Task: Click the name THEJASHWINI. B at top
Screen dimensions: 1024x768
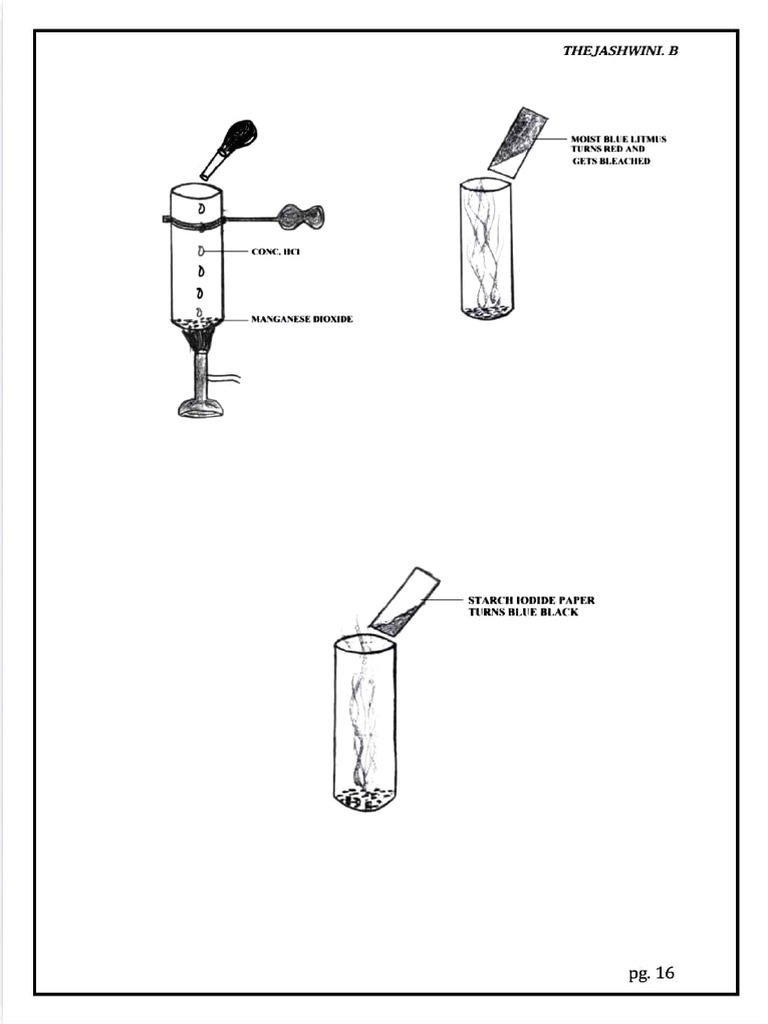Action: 620,51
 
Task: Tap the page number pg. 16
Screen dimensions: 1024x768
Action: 651,972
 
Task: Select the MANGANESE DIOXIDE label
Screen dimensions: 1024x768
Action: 301,320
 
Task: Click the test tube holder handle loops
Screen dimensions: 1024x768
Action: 301,215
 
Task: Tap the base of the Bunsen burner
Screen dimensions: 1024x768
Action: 200,407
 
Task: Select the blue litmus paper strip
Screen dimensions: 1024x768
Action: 518,141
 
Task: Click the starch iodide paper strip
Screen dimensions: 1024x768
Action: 405,603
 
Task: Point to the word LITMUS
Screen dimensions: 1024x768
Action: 648,139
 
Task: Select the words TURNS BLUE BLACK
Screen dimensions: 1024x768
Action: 523,612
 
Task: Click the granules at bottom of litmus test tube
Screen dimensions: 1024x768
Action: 487,311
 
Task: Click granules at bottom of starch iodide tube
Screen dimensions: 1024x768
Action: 364,798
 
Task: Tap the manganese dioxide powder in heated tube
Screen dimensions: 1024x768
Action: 196,321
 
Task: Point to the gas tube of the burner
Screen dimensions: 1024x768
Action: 226,378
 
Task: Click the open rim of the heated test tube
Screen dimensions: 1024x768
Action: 196,189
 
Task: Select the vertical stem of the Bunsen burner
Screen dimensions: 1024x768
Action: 200,375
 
